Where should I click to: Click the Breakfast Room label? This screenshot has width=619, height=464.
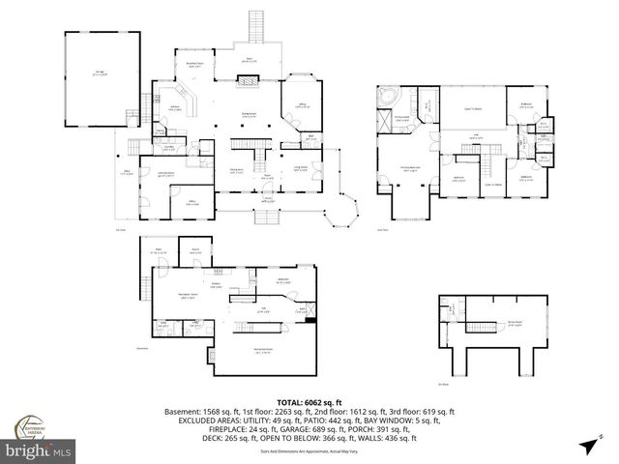(194, 65)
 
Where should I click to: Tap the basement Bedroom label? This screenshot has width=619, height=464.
(284, 279)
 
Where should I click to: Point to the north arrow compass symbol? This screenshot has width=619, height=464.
(587, 445)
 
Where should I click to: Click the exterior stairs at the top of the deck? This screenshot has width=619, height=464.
(256, 26)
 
